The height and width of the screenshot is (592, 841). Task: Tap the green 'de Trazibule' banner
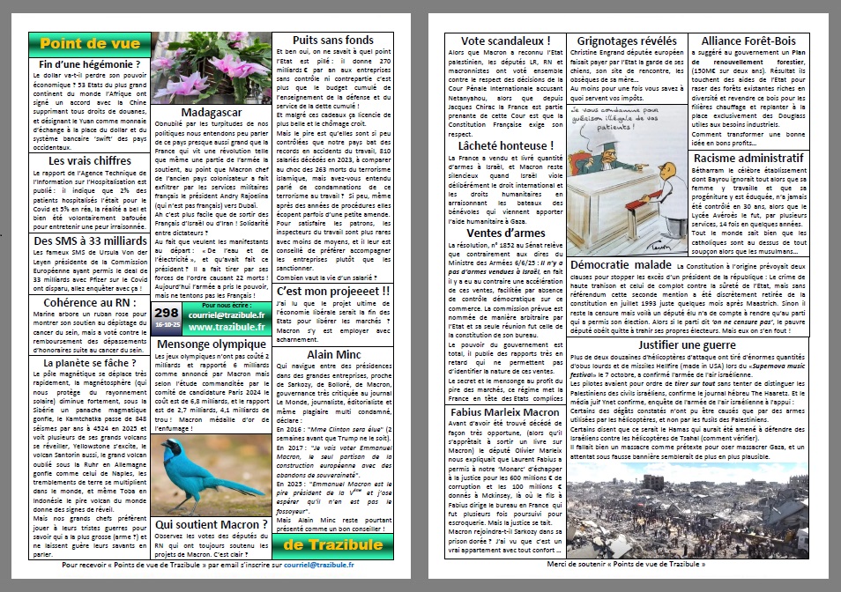tap(334, 544)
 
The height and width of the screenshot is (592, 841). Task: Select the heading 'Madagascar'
tap(212, 113)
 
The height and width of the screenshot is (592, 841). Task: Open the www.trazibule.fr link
tap(228, 327)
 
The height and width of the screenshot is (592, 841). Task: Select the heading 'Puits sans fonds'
tap(333, 40)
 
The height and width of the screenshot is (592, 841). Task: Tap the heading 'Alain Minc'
tap(333, 354)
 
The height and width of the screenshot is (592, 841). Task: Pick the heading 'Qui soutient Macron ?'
tap(212, 524)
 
